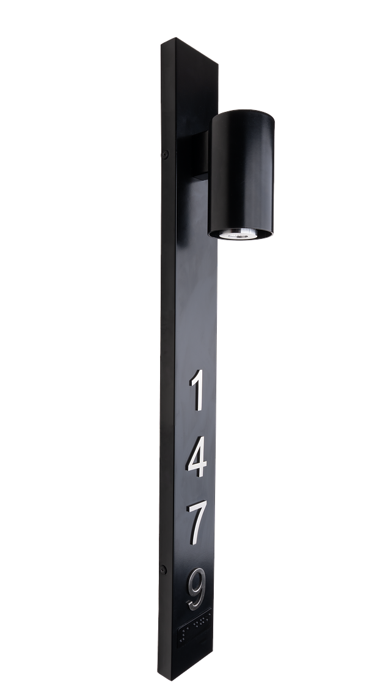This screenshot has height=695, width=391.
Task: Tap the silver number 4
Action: [x=197, y=457]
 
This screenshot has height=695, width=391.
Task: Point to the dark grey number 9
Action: [x=197, y=589]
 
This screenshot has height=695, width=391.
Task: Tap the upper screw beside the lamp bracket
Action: [x=165, y=155]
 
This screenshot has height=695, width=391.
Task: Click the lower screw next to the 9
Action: [x=163, y=570]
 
